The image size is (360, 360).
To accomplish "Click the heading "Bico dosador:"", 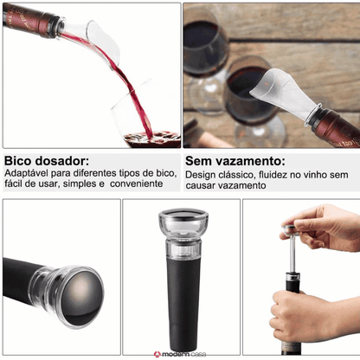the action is click(47, 161).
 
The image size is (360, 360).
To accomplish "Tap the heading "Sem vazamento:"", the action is click(235, 161).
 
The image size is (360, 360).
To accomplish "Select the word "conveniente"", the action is click(137, 183).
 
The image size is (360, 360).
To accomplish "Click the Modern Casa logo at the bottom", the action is click(180, 354).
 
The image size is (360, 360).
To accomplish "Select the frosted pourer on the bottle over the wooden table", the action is click(283, 92).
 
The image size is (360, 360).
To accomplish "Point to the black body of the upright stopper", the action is click(182, 303).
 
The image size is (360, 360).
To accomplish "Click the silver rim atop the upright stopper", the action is click(183, 214).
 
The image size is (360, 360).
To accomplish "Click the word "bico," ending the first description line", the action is click(166, 173).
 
